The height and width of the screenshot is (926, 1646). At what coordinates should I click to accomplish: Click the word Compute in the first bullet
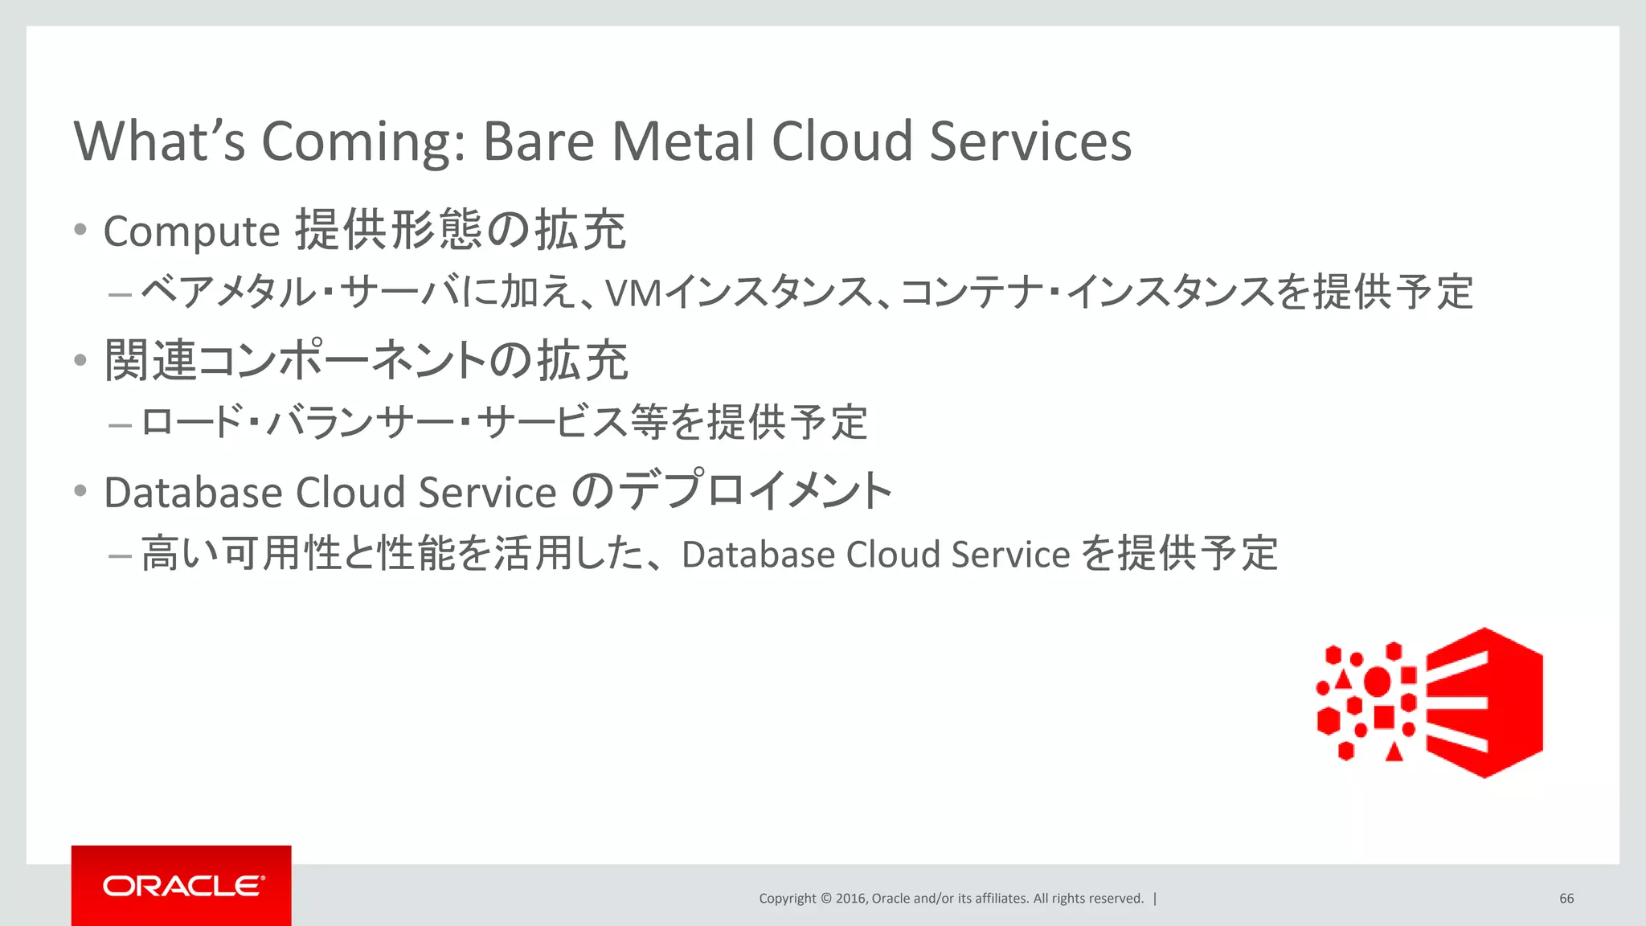click(x=191, y=232)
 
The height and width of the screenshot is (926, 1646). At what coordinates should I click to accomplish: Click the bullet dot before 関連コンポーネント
click(x=80, y=360)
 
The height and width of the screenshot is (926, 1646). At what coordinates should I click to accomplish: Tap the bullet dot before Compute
click(x=80, y=230)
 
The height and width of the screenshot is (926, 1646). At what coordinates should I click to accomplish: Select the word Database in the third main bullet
click(x=193, y=492)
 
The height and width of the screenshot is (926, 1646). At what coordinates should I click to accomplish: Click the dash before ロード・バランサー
click(x=120, y=424)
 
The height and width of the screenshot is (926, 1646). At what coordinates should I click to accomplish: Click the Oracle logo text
click(x=182, y=886)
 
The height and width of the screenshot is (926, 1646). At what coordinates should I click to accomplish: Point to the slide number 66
click(x=1566, y=899)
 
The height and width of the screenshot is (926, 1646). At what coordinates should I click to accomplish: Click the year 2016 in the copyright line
click(x=850, y=899)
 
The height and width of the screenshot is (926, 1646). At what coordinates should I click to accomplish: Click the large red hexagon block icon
click(x=1485, y=703)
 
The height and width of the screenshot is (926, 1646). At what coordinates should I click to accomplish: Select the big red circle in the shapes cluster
click(x=1377, y=681)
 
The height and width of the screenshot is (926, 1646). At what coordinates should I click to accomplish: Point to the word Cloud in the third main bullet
click(x=350, y=492)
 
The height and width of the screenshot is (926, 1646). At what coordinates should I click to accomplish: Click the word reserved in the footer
click(x=1113, y=899)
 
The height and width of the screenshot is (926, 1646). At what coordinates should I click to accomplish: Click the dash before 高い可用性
click(x=120, y=555)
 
